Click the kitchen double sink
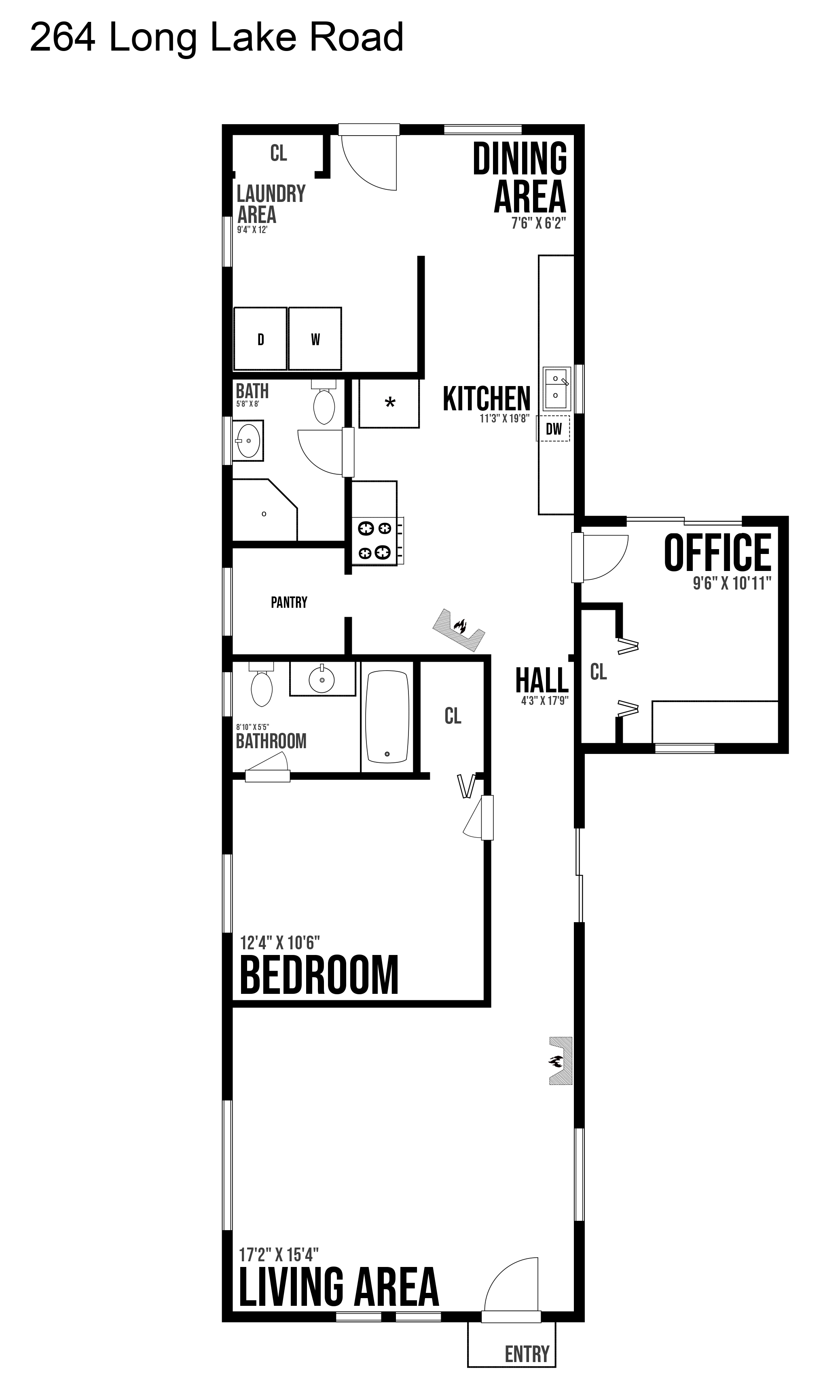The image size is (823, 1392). click(556, 388)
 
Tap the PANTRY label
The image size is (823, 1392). click(289, 603)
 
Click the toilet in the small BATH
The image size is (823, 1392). click(324, 402)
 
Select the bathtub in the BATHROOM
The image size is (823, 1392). click(387, 717)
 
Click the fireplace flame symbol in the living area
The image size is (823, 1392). click(555, 1062)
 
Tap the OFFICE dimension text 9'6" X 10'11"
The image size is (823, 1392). click(732, 583)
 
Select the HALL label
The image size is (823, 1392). click(542, 680)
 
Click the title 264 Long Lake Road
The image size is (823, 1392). click(216, 37)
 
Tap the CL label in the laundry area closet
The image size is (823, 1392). click(278, 153)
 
